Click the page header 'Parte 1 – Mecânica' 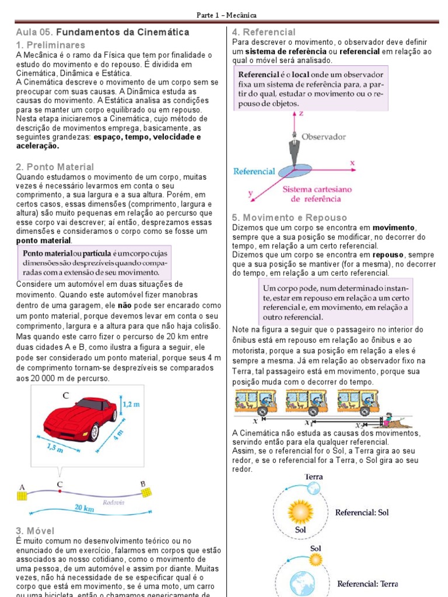click(224, 15)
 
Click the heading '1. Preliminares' click(51, 45)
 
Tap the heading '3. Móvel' click(36, 531)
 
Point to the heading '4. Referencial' click(264, 32)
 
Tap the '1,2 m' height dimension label click(132, 403)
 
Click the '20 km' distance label click(84, 508)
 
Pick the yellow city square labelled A click(22, 495)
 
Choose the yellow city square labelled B click(147, 493)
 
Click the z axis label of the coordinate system click(302, 114)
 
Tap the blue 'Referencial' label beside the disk click(254, 171)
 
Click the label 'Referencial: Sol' click(362, 512)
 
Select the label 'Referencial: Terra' click(367, 584)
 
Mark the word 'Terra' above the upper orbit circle click(314, 476)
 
